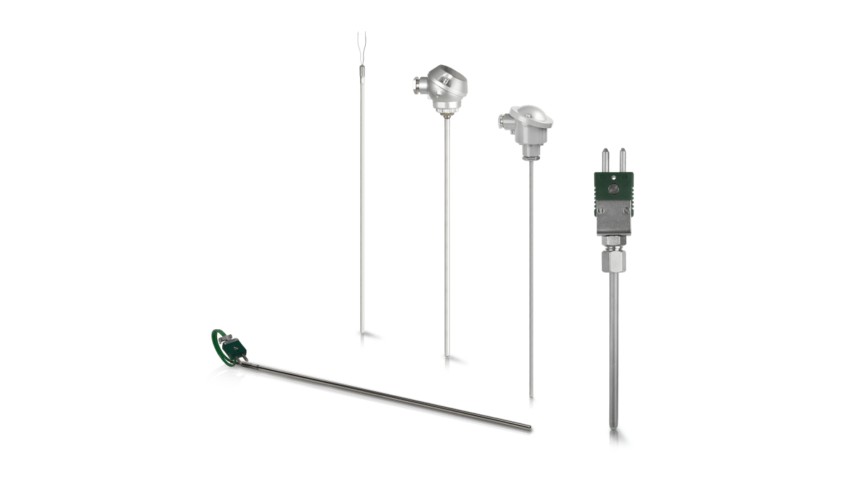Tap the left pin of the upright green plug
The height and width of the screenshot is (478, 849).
coord(606,160)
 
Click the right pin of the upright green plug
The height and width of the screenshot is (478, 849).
coord(623,160)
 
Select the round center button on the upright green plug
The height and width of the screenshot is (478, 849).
coord(614,189)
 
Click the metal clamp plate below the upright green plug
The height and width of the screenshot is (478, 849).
coord(613,221)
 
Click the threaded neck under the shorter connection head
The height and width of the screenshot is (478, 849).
coord(529,152)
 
